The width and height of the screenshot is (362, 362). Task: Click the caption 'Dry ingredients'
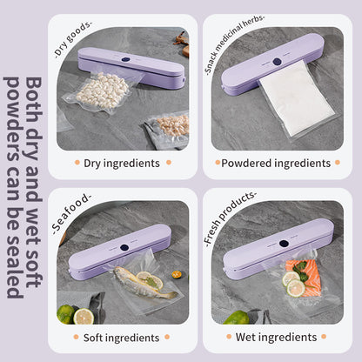click(x=122, y=163)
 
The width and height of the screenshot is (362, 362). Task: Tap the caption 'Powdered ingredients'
click(x=276, y=163)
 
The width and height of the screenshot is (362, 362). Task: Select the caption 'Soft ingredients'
click(x=122, y=337)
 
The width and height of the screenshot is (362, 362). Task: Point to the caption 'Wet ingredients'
click(x=276, y=337)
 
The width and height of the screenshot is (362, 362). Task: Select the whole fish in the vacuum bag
click(x=144, y=284)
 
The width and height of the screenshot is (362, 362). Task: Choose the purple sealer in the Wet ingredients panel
click(x=278, y=252)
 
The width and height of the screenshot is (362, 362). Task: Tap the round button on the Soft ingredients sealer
click(x=124, y=247)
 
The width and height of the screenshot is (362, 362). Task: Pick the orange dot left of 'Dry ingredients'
click(x=76, y=163)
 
